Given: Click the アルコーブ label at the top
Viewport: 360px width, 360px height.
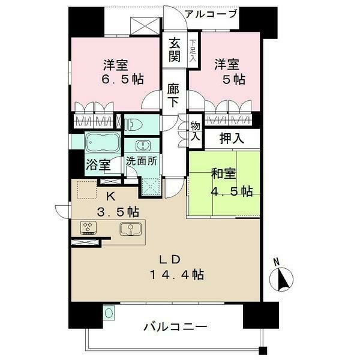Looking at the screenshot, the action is (x=211, y=14).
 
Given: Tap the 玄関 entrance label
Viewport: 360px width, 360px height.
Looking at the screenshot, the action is (x=175, y=50).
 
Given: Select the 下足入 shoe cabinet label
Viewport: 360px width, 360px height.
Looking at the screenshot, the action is (x=193, y=50).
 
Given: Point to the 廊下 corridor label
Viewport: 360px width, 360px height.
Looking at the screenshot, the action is (x=173, y=95).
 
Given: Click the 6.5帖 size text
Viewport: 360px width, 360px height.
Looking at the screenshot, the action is (x=122, y=79).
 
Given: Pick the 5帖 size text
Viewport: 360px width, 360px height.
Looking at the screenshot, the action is (x=234, y=79).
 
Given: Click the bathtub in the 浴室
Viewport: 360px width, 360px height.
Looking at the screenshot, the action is (x=103, y=143).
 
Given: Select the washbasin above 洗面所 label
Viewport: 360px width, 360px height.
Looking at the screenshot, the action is (x=143, y=146).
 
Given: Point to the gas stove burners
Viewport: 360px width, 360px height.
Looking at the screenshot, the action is (x=88, y=227).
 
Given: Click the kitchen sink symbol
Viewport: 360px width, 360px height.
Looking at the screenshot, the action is (x=130, y=229).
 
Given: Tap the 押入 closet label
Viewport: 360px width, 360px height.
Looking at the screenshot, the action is (x=231, y=139).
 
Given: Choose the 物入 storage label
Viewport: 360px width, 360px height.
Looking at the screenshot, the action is (x=196, y=131).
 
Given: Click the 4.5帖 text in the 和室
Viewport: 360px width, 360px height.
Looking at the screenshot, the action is (x=232, y=191).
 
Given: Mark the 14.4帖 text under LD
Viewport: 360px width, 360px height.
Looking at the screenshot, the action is (x=177, y=274).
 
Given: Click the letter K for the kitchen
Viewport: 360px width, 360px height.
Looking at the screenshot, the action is (x=110, y=197).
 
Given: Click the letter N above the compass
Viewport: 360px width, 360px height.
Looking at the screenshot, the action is (x=277, y=262).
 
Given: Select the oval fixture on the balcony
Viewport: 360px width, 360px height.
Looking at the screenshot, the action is (x=109, y=313).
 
